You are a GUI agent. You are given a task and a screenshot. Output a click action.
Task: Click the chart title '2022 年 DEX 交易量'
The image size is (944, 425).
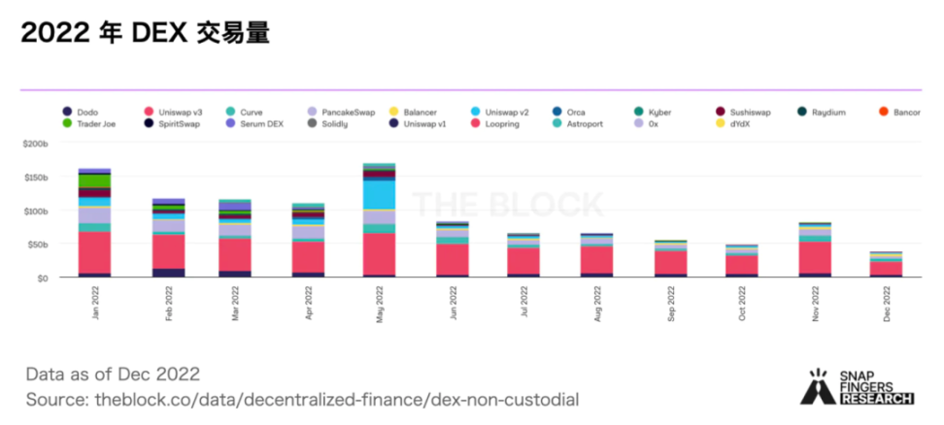point(144,33)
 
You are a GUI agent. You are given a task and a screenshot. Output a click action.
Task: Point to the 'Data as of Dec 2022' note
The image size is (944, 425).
point(114,374)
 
